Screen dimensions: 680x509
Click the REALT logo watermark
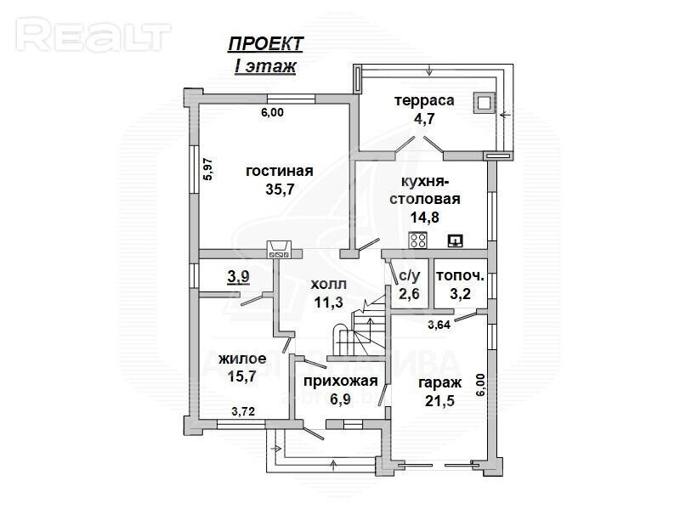point(93,35)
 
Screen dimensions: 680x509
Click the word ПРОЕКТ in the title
point(265,44)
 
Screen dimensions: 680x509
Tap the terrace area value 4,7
point(424,118)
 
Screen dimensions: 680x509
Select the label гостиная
point(280,171)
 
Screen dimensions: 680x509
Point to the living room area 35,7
point(280,189)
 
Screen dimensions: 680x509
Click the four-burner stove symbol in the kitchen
point(418,240)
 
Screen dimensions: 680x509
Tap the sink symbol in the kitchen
point(456,240)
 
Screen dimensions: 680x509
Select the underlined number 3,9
point(239,276)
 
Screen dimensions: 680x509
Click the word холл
point(329,285)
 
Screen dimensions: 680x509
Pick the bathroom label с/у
point(410,276)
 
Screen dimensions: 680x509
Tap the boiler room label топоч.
point(460,276)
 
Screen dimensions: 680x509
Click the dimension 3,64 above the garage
point(439,325)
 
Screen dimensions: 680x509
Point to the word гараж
point(439,383)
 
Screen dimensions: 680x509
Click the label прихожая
point(341,381)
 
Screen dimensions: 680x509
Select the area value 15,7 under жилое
point(242,376)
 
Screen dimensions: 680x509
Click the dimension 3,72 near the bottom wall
point(243,411)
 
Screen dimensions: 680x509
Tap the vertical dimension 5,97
point(208,168)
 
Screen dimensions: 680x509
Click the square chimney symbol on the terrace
point(484,103)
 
